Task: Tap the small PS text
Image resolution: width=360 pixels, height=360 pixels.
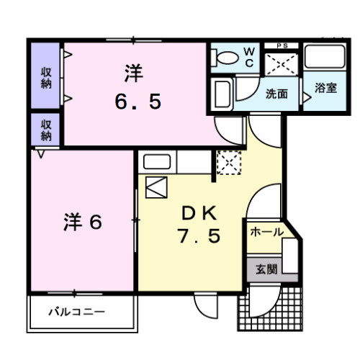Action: tap(281, 46)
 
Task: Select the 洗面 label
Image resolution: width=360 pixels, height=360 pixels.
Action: tap(276, 94)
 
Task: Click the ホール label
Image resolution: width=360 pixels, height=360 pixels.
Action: tap(266, 232)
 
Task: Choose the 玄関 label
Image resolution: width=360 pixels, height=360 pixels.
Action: tap(266, 269)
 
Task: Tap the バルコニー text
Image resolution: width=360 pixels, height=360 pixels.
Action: tap(77, 312)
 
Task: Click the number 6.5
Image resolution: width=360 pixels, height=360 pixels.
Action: tap(138, 102)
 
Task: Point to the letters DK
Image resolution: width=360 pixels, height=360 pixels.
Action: tap(196, 212)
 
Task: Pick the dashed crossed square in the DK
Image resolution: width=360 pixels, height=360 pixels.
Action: tap(228, 162)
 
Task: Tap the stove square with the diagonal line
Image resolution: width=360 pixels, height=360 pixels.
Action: tap(156, 188)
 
